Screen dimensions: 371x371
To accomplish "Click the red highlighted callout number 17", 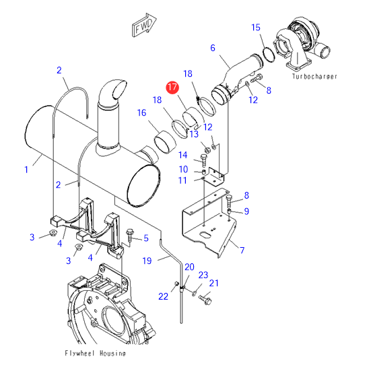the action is pos(172,88).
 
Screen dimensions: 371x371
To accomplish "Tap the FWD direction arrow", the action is pos(143,25).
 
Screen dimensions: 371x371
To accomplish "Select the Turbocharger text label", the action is pos(314,76).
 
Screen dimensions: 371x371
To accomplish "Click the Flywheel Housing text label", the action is pos(95,353).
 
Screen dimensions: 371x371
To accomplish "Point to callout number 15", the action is pos(256,28).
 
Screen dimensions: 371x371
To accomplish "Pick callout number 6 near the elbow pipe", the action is pos(213,48).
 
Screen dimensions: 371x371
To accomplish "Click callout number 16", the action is pos(141,112).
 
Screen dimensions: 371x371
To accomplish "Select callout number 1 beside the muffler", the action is pos(26,170).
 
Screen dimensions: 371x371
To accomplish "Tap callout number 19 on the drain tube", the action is pos(147,261).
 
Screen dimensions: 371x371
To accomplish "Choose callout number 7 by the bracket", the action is pos(242,250).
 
